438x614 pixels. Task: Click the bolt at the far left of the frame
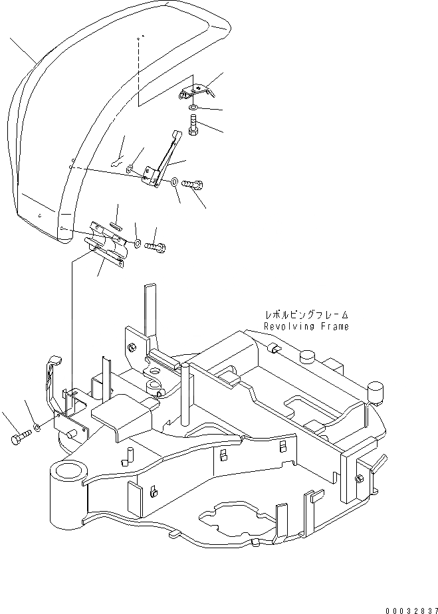20,439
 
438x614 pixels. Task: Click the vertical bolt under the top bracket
192,126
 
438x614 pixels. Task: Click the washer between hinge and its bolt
137,243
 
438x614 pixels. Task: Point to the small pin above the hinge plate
116,225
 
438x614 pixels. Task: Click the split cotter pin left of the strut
119,160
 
